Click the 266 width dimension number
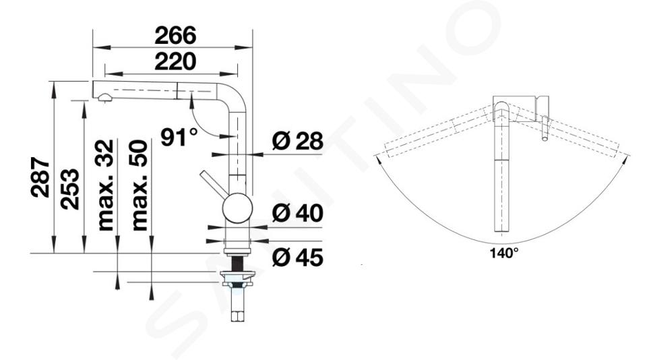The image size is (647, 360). click(x=175, y=35)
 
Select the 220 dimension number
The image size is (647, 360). click(x=175, y=61)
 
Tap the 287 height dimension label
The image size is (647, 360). click(x=40, y=177)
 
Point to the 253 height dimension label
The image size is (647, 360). click(x=69, y=189)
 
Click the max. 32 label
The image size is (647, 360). click(x=105, y=185)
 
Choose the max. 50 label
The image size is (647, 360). click(x=140, y=185)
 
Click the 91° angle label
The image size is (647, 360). click(x=179, y=137)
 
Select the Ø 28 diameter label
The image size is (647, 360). click(x=297, y=141)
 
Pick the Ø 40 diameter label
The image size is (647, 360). click(x=297, y=213)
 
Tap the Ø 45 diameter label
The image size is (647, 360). click(x=297, y=258)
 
